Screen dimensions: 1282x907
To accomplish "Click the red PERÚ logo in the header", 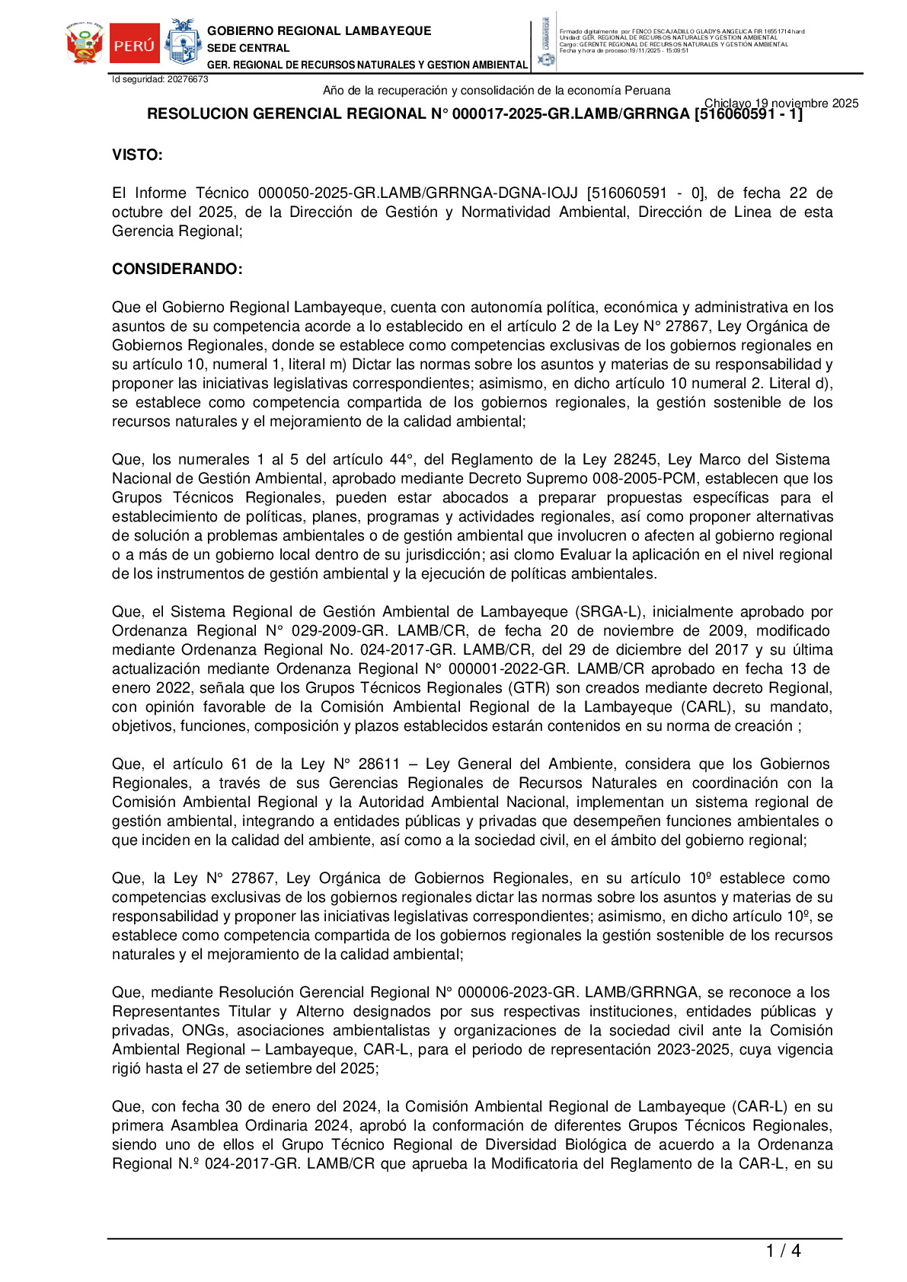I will (x=134, y=45).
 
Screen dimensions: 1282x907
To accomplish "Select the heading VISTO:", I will (x=137, y=155).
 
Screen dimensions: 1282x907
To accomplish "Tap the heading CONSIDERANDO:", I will (x=177, y=269).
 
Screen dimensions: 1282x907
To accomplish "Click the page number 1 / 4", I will (x=783, y=1251).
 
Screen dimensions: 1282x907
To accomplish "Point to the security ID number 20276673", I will (x=187, y=79).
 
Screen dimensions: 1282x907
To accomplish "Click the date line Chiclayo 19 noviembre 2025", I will (x=781, y=104).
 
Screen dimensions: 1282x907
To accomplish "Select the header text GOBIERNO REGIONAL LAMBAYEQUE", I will (x=319, y=31).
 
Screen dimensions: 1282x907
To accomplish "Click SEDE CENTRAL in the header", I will (x=248, y=48).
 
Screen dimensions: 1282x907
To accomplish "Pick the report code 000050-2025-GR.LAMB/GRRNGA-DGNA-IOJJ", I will (x=417, y=193).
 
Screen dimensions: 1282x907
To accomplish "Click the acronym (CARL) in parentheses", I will (x=704, y=707).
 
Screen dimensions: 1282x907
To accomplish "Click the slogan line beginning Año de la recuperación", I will (x=497, y=91).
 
